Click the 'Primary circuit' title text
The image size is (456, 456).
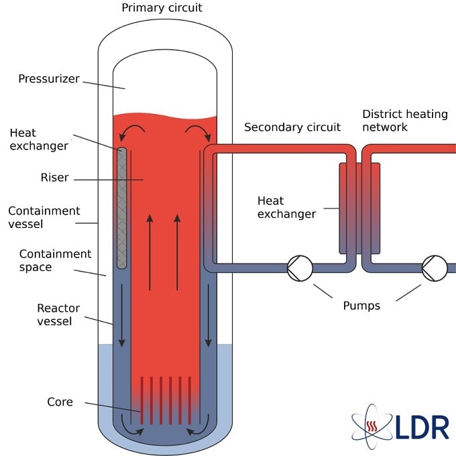click(x=162, y=8)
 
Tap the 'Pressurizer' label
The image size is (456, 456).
click(x=49, y=79)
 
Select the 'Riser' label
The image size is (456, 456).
click(x=56, y=178)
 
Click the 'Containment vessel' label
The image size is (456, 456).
click(x=44, y=217)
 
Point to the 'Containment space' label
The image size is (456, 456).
click(x=55, y=260)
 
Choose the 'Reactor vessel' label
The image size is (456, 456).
click(x=58, y=315)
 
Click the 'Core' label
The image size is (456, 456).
click(x=60, y=402)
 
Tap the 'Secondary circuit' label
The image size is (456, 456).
click(x=292, y=127)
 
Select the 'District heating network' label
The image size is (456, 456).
click(x=404, y=120)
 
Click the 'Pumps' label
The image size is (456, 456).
click(x=361, y=306)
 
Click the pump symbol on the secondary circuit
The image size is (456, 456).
click(x=300, y=268)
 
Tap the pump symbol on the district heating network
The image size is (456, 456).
click(x=434, y=268)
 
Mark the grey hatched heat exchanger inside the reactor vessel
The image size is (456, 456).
click(x=122, y=208)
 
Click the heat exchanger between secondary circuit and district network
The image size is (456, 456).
click(x=360, y=208)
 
